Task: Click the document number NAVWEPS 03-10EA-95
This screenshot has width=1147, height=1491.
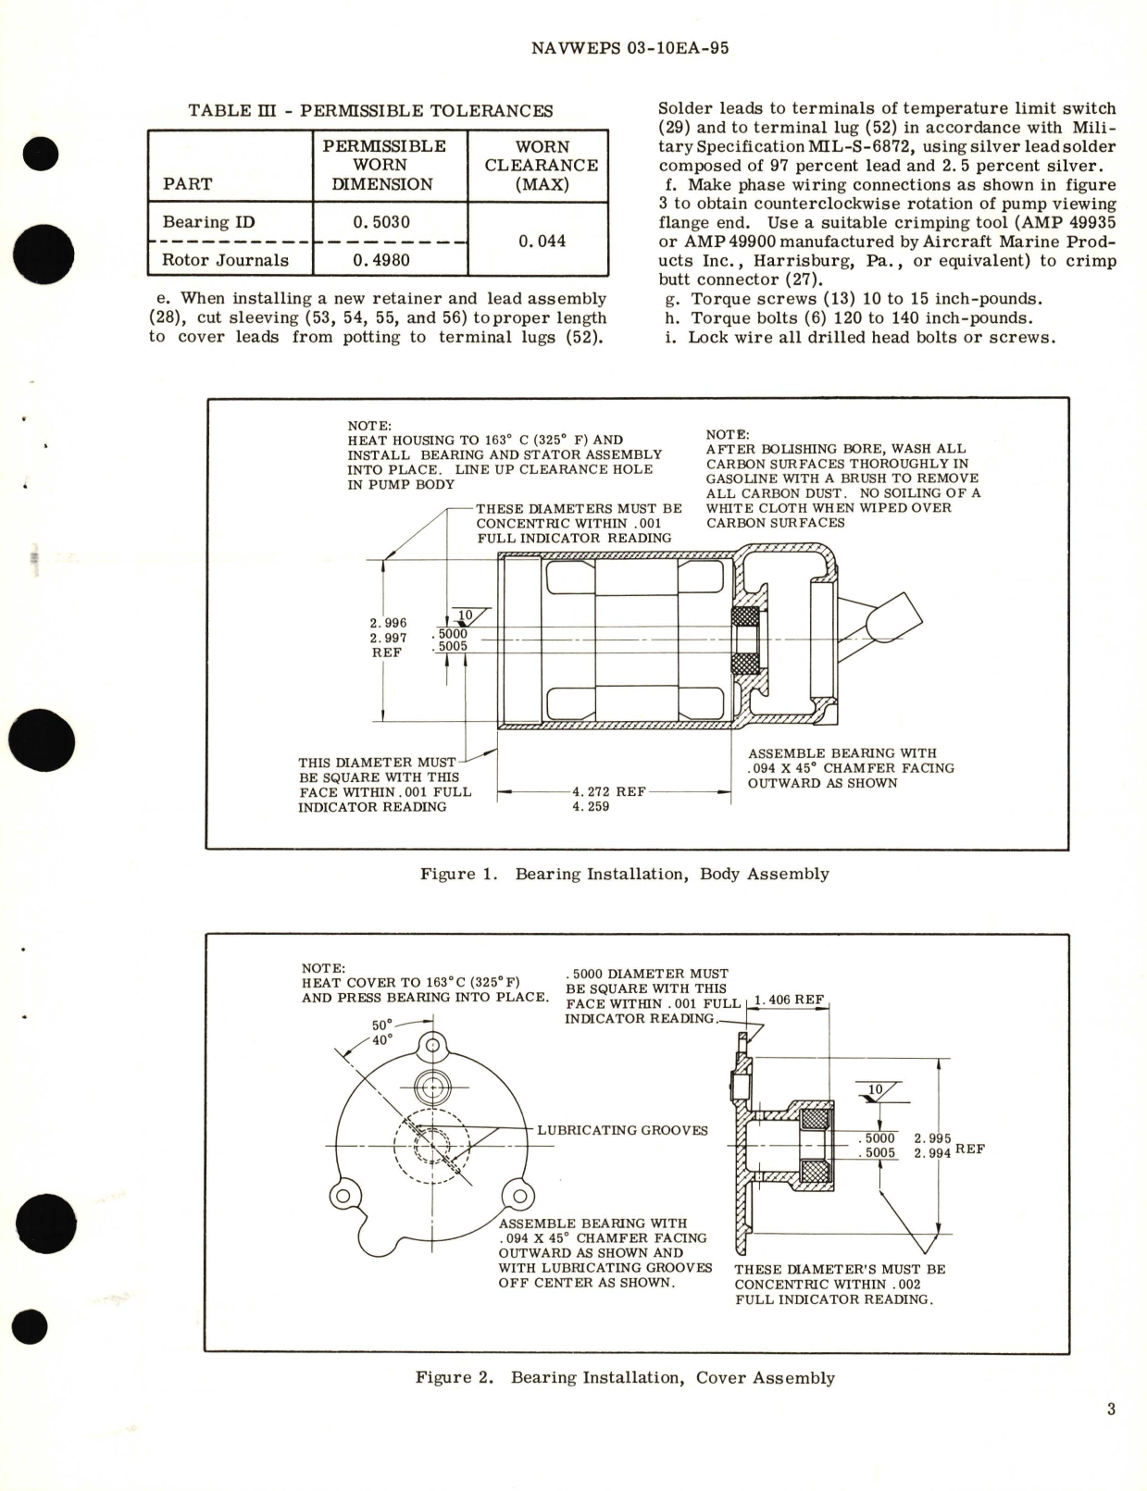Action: coord(630,48)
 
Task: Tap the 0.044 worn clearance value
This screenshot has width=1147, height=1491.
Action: coord(542,241)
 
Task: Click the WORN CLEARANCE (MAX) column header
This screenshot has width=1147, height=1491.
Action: coord(542,165)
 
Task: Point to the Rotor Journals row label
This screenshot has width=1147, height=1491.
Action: coord(225,260)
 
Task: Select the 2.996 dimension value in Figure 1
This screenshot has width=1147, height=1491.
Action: coord(388,624)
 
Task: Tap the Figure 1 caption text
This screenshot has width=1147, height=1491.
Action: coord(625,874)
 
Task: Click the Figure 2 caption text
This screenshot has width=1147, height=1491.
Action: coord(625,1377)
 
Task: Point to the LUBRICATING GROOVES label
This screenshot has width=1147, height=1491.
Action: coord(622,1130)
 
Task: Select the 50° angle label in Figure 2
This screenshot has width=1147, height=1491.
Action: coord(381,1025)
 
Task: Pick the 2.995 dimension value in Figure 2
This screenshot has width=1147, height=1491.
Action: coord(932,1139)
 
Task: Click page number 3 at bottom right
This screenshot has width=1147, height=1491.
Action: coord(1110,1410)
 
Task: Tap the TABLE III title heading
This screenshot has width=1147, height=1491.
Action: coord(370,111)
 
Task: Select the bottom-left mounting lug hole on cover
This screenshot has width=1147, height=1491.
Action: coord(342,1196)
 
